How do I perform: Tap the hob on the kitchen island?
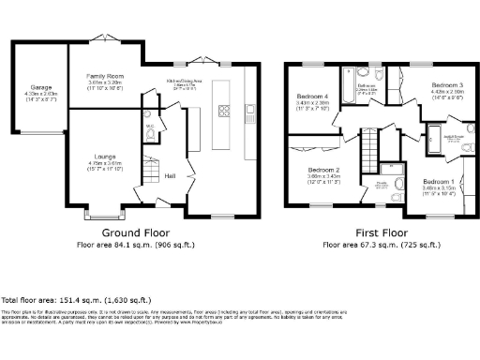click(x=225, y=110)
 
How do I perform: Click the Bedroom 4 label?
click(x=312, y=97)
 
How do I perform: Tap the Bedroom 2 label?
click(x=323, y=170)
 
